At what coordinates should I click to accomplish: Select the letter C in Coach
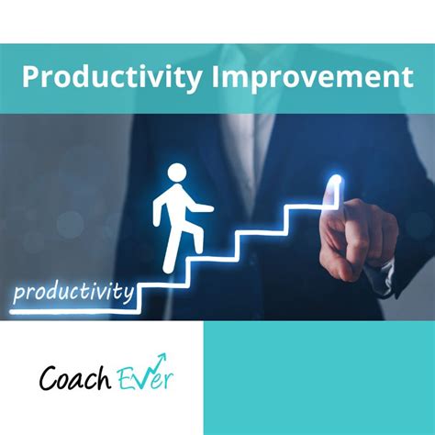[49, 376]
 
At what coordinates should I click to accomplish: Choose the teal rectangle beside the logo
[318, 377]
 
